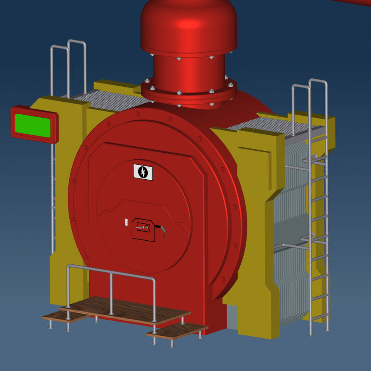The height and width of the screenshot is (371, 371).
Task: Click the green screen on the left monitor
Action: coord(32,125)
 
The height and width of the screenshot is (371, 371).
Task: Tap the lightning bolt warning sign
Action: coord(143,172)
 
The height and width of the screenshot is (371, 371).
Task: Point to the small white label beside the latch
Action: coord(127,223)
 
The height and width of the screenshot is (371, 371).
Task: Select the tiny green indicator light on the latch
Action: coord(147,226)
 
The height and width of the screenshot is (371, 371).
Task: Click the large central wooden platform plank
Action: coord(124,310)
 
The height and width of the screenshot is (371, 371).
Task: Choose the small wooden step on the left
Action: coord(62,317)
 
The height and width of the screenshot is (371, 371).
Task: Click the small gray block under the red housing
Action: coord(232,317)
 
